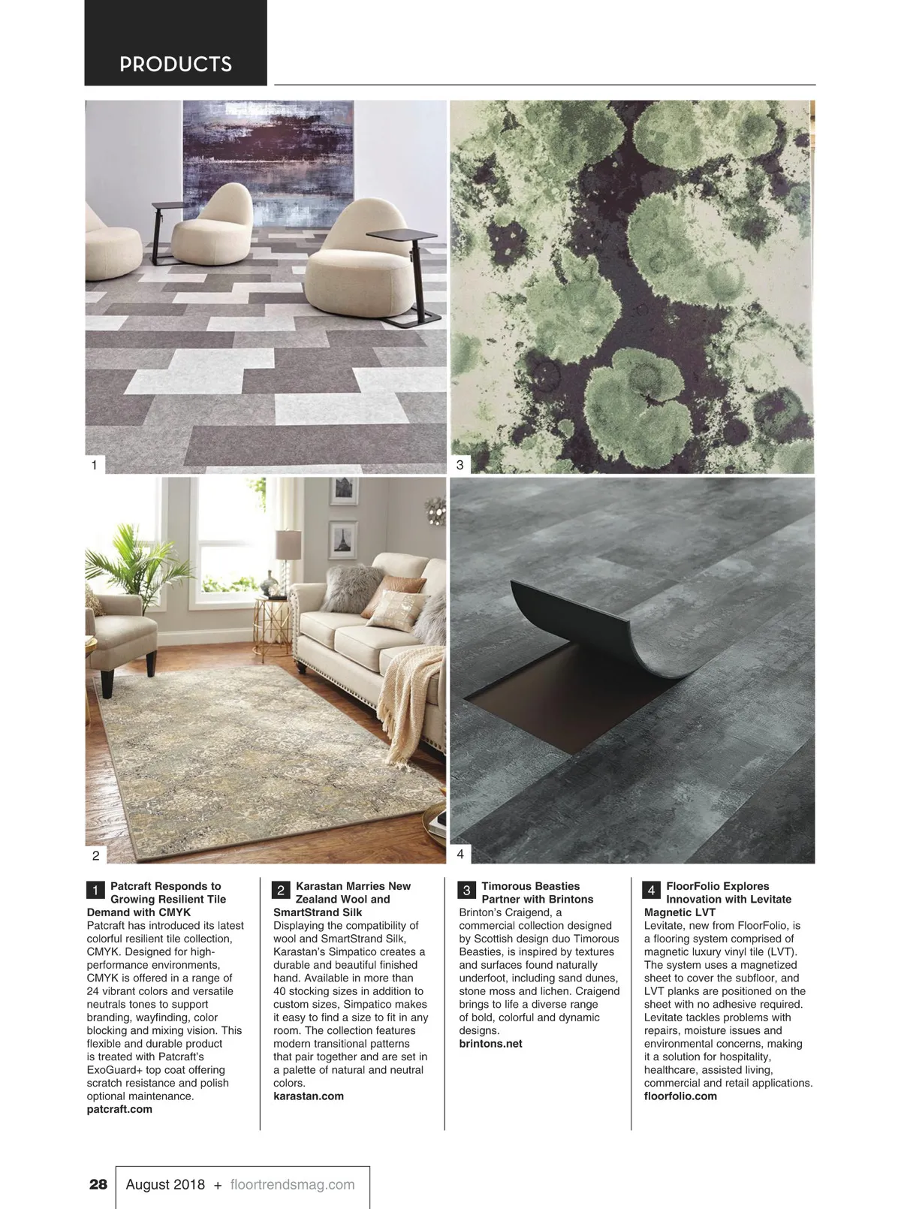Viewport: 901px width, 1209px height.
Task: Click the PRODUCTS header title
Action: (x=176, y=65)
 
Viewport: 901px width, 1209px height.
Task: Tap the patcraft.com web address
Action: (x=119, y=1109)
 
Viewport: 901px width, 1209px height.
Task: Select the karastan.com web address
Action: (x=309, y=1096)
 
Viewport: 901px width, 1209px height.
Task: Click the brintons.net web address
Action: (x=490, y=1044)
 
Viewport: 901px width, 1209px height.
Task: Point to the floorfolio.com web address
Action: (x=680, y=1096)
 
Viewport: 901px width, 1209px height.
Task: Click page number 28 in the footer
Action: (x=98, y=1184)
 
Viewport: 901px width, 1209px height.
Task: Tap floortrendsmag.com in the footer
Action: (x=292, y=1184)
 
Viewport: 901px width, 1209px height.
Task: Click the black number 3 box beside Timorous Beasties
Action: (x=466, y=891)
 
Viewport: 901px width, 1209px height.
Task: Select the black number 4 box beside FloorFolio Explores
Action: (x=651, y=891)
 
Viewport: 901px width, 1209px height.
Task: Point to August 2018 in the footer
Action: (x=165, y=1184)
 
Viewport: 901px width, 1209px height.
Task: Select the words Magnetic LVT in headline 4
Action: (x=680, y=912)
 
